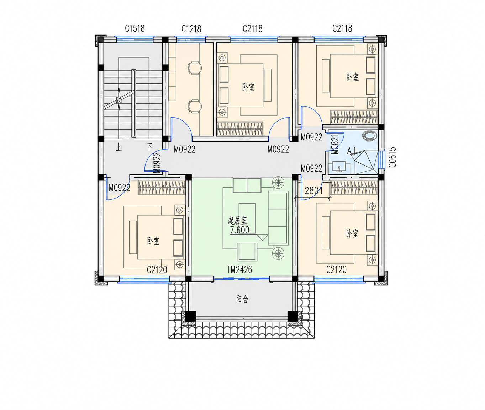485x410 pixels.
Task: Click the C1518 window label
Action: pos(135,28)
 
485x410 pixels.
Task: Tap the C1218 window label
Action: pos(191,29)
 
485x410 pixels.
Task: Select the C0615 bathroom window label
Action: pos(392,157)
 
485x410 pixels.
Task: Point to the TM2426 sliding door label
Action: pos(239,270)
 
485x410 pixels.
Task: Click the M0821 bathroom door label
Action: pos(336,144)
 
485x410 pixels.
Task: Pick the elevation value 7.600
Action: pos(239,230)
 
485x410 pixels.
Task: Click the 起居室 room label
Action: pos(237,221)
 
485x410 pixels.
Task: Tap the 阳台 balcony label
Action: pos(242,300)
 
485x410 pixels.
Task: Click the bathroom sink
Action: pos(339,167)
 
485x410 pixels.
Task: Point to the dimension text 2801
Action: pos(314,191)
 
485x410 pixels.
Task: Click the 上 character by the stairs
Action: pos(119,147)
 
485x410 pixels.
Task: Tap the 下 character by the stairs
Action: pos(149,147)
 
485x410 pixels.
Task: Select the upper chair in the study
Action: pos(195,68)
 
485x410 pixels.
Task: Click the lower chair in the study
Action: pos(195,106)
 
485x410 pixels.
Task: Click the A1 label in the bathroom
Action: pos(352,150)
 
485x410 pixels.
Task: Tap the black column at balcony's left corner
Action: pos(190,317)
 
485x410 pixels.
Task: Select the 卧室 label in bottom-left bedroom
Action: pos(153,241)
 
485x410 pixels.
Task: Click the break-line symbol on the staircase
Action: pos(119,100)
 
